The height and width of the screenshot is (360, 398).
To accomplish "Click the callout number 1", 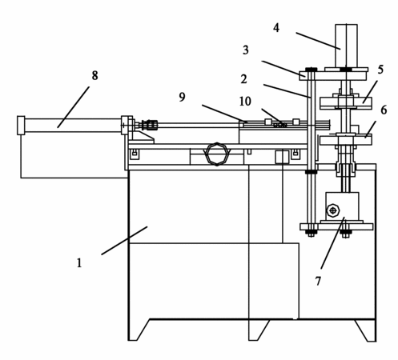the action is [x=79, y=263].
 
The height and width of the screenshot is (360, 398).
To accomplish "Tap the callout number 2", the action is [x=243, y=79].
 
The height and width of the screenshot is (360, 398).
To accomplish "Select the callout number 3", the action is [x=246, y=50].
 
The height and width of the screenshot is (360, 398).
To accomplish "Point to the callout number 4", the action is [x=276, y=28].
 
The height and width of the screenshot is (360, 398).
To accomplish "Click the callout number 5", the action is [x=380, y=70].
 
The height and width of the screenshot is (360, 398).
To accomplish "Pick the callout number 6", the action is [x=384, y=110].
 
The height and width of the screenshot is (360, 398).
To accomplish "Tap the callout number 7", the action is [x=318, y=281].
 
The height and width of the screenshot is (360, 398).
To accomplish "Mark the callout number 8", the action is [x=94, y=75].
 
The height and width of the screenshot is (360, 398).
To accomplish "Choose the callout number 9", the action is [x=182, y=97].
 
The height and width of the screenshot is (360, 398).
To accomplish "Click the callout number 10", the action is [x=245, y=102].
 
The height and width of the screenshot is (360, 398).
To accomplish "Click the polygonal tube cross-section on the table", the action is [x=217, y=154].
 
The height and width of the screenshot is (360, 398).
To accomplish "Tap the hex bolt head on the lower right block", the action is [x=333, y=210].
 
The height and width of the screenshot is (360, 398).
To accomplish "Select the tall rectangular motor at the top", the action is [x=346, y=46].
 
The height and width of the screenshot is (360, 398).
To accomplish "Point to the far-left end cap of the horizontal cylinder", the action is [x=21, y=126].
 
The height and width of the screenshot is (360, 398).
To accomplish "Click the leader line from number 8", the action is [x=74, y=107].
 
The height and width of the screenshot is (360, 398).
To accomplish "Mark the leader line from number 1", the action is [x=124, y=241].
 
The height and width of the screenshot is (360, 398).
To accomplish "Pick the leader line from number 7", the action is [x=333, y=243].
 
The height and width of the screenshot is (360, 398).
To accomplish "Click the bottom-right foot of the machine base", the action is [x=367, y=330].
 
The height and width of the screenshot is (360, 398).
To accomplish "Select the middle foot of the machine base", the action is [x=257, y=330].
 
